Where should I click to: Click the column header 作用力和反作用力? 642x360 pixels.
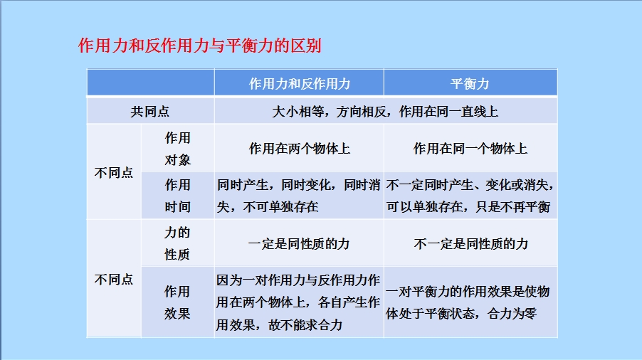tap(300, 84)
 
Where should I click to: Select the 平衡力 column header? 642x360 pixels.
tap(470, 84)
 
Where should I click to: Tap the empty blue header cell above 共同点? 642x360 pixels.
tap(150, 83)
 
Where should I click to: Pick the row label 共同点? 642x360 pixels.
tap(150, 112)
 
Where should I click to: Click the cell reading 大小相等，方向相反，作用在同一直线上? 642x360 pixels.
tap(385, 112)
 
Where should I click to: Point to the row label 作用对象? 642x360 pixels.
tap(178, 149)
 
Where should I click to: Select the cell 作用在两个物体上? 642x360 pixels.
tap(300, 149)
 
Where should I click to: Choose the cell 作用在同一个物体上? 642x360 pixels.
tap(470, 149)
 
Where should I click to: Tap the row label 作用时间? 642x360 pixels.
tap(178, 196)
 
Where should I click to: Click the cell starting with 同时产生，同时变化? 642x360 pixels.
tap(299, 196)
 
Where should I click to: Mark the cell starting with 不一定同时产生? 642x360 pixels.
tap(470, 196)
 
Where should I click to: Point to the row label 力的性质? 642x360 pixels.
tap(177, 243)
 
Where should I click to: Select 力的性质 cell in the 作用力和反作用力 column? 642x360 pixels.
tap(299, 244)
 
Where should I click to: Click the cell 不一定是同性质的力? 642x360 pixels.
tap(471, 244)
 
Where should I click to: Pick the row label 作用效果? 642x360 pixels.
tap(177, 303)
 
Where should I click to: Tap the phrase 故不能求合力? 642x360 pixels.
tap(305, 325)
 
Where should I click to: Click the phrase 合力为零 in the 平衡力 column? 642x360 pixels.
tap(512, 314)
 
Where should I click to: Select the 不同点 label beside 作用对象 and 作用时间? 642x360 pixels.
tap(114, 173)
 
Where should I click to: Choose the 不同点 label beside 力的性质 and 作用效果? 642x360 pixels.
tap(114, 280)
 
